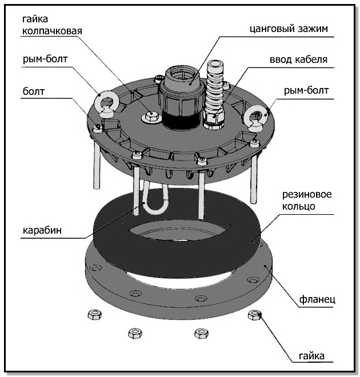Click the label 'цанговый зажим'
(289, 29)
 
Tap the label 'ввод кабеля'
(298, 59)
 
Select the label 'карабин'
(42, 230)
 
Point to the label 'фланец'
(317, 299)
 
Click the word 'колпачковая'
(52, 31)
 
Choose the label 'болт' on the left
(34, 91)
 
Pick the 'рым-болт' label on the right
(306, 90)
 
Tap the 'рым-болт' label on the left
(45, 59)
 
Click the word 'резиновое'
(307, 195)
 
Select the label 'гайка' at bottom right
(311, 356)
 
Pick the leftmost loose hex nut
(94, 315)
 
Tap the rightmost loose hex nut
(255, 315)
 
